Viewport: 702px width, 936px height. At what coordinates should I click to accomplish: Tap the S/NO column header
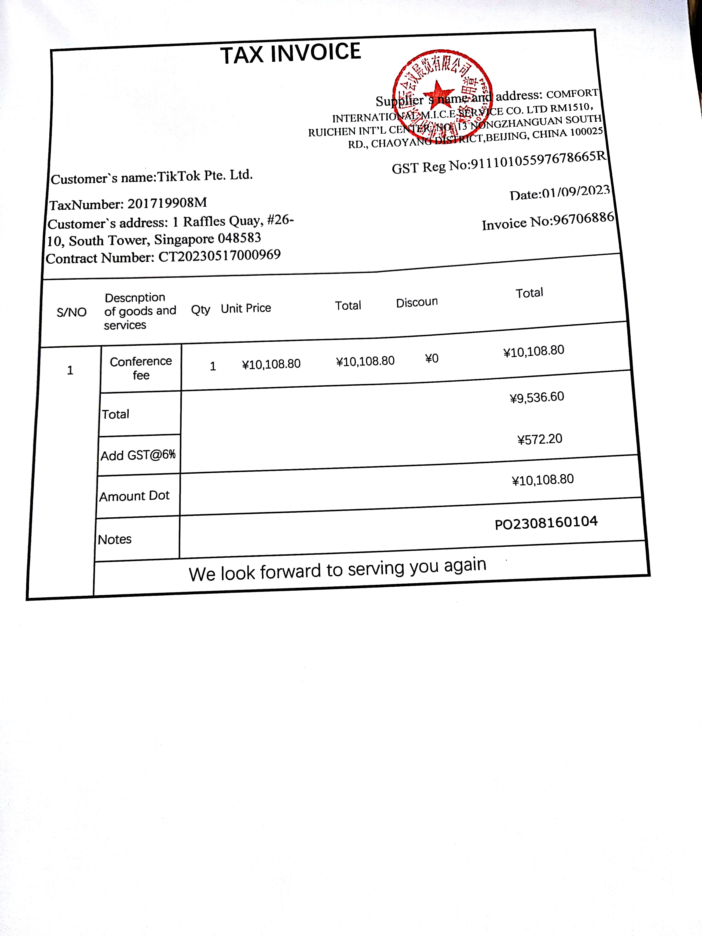coord(72,312)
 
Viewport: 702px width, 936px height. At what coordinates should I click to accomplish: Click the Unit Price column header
coord(246,308)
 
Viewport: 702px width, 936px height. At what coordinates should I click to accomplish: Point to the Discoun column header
coord(417,302)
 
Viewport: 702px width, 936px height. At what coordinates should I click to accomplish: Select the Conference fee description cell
coord(141,368)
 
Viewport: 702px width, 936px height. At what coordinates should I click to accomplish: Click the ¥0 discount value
coord(431,359)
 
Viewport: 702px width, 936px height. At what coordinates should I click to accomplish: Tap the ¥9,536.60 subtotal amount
coord(537,397)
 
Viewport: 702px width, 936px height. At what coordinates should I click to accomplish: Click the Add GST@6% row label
coord(138,455)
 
